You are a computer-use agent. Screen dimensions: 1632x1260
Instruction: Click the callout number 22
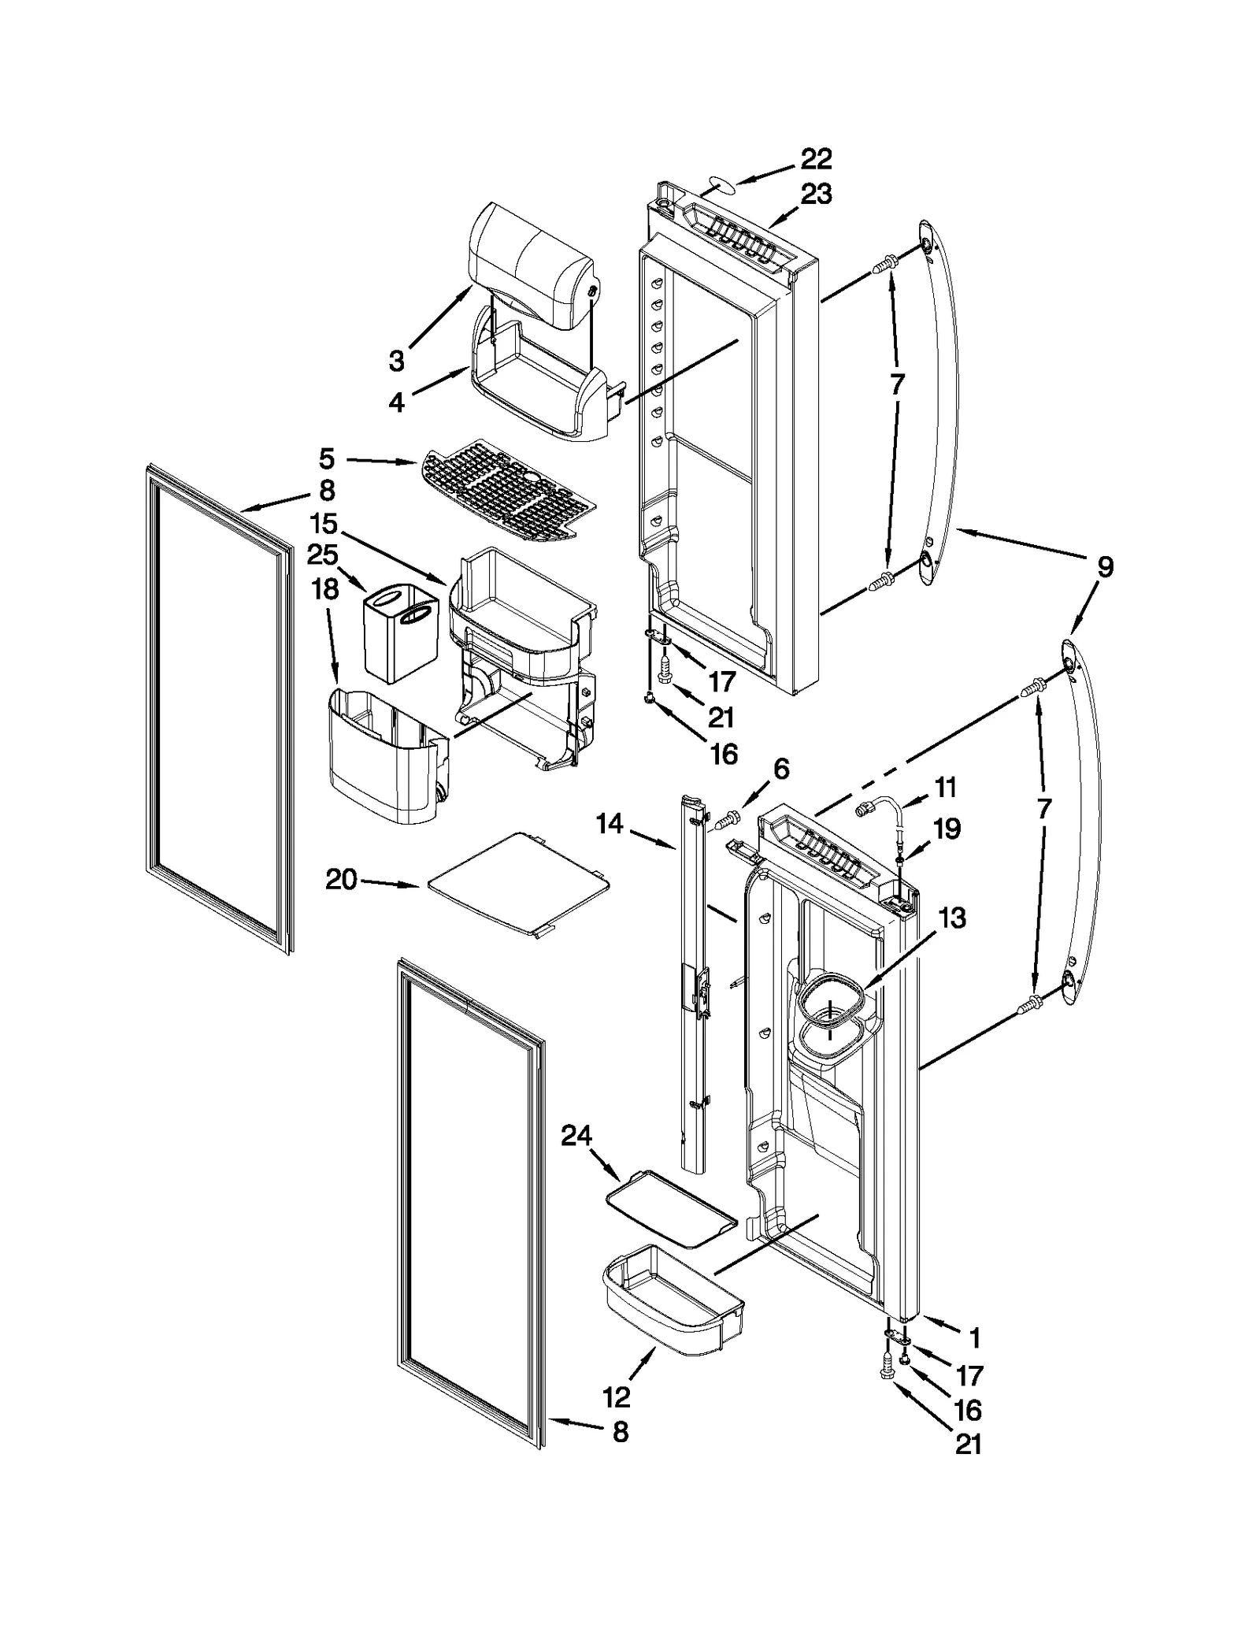816,159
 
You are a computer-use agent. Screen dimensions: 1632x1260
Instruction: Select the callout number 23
816,194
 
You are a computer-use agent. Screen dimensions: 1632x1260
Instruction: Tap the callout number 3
396,361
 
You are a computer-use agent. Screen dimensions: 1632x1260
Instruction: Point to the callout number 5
327,458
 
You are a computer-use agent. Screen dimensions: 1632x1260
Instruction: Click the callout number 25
322,555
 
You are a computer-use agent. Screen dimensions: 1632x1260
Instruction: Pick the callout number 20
342,879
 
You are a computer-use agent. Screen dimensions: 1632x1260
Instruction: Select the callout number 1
974,1337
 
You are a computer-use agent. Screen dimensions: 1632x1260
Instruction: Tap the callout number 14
610,824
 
